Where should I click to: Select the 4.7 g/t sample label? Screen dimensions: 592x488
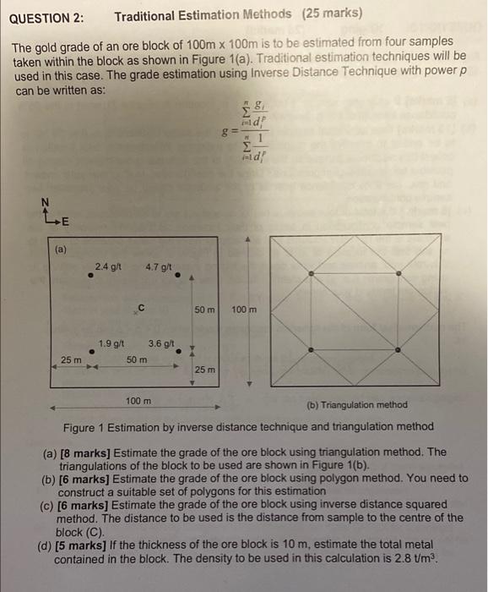[160, 267]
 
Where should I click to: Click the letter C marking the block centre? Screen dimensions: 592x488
[141, 307]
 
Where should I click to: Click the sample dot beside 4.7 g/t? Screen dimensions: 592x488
[177, 285]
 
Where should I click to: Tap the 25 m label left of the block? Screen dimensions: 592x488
[71, 360]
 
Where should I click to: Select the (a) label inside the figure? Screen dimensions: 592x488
[61, 250]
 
